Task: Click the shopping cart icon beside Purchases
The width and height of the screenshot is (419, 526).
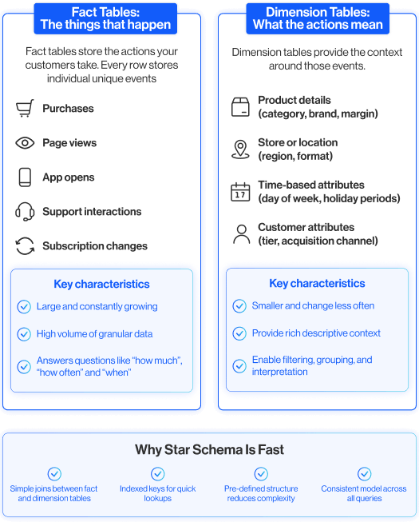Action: (25, 109)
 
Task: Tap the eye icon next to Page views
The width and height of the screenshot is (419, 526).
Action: (25, 143)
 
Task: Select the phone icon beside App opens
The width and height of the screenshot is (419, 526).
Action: (25, 177)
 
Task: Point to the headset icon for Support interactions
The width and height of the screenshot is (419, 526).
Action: (25, 212)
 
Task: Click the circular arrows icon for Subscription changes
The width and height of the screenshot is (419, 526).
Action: (25, 246)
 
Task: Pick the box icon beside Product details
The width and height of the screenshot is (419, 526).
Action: (240, 107)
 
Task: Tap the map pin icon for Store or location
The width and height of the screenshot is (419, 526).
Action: (240, 149)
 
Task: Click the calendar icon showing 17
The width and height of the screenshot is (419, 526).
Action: (240, 192)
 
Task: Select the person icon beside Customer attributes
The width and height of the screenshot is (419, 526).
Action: (242, 234)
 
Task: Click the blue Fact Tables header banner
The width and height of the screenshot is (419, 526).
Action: (105, 19)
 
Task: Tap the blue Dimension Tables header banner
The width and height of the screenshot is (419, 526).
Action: (318, 19)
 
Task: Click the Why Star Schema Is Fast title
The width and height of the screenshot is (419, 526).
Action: (209, 449)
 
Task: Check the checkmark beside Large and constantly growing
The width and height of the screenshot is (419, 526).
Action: (24, 307)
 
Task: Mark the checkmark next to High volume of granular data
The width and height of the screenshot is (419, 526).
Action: (24, 334)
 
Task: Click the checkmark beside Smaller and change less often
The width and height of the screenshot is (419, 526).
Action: (239, 306)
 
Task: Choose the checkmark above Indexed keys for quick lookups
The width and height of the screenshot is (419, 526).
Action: (158, 474)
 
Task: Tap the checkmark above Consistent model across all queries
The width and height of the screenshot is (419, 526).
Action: (365, 474)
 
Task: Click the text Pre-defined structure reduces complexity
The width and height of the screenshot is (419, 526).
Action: (261, 493)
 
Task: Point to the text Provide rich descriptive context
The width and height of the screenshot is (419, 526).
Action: (316, 333)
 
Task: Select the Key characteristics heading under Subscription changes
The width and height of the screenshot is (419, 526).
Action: (102, 284)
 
